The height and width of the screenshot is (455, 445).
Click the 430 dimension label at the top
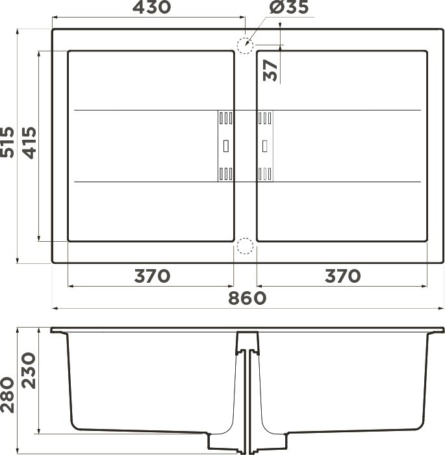pos(151,8)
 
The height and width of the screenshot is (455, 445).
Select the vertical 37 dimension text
pos(272,70)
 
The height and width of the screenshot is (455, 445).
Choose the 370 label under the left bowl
pos(151,276)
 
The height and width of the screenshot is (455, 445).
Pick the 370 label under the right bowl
pos(342,276)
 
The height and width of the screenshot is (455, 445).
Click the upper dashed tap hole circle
pos(244,46)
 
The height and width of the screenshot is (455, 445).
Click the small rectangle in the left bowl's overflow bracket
pos(225,146)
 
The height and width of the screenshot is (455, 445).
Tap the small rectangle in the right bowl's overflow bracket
pos(265,146)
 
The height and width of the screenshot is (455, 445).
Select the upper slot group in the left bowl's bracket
pos(225,118)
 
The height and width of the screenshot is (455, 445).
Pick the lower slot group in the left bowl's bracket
pos(225,173)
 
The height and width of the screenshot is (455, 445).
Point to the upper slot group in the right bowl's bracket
pos(265,118)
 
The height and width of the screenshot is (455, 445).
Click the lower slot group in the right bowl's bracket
pos(265,173)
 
